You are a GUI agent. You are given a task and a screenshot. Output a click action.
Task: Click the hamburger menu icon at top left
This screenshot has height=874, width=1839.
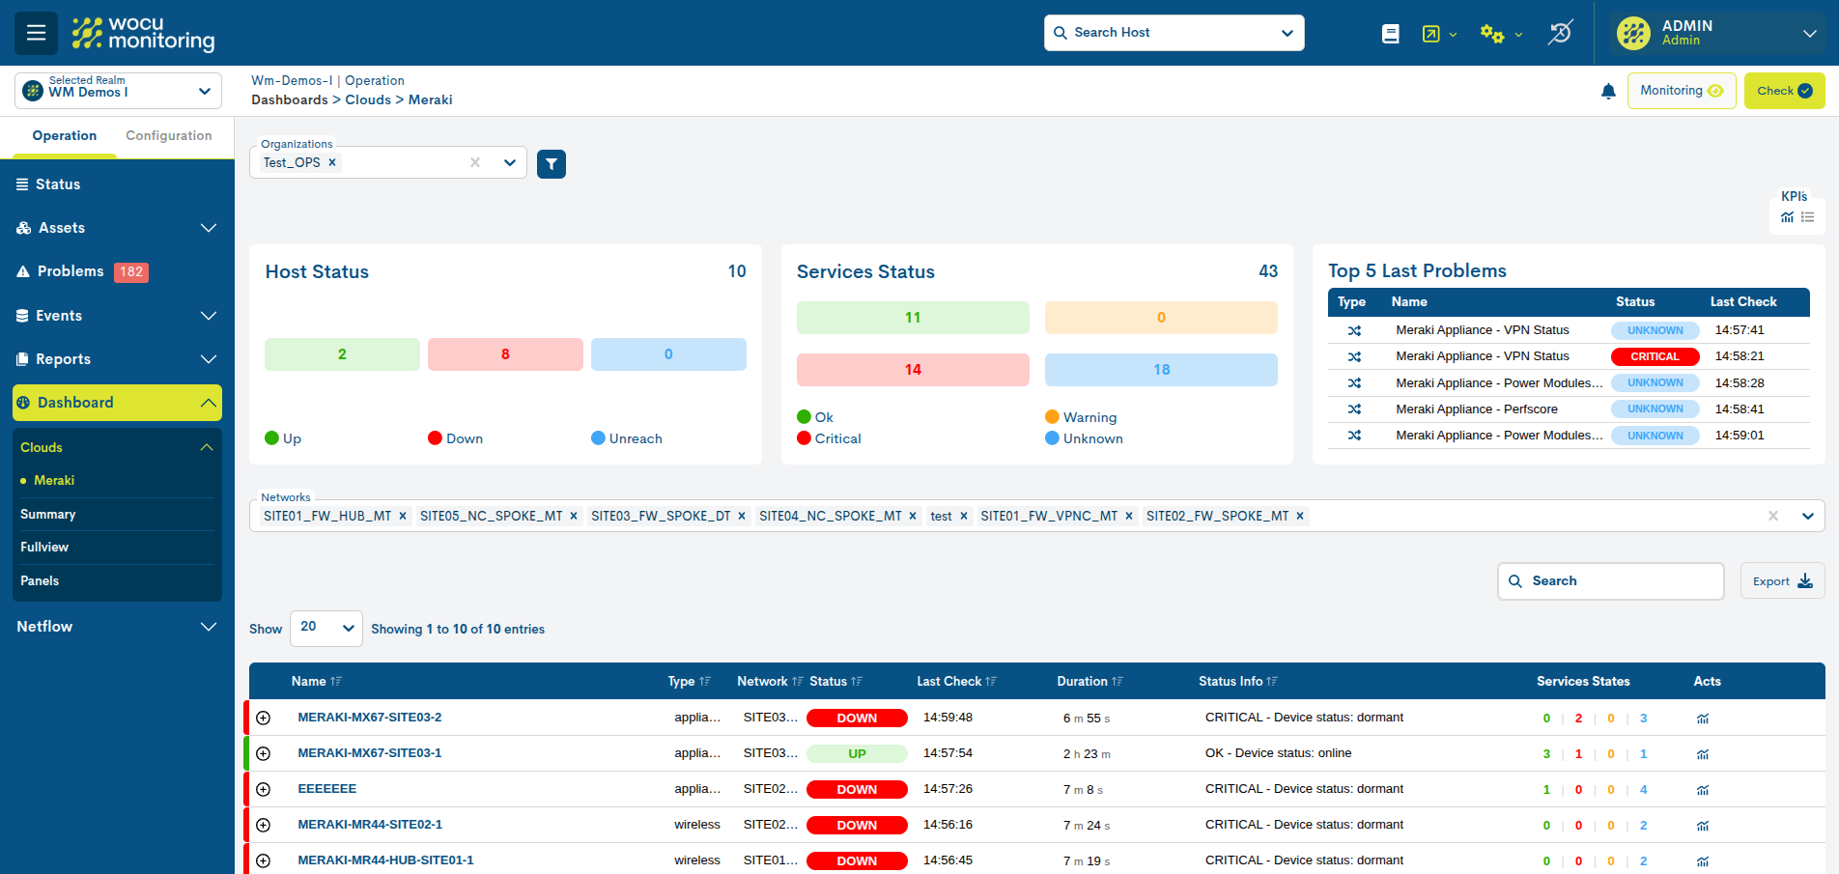pyautogui.click(x=36, y=33)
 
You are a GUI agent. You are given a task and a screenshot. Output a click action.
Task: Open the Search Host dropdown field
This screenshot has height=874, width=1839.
pyautogui.click(x=1174, y=33)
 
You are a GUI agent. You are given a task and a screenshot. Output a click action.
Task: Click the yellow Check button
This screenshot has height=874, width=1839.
pyautogui.click(x=1783, y=91)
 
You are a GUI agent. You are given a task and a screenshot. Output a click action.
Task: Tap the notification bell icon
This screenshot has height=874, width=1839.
pyautogui.click(x=1608, y=91)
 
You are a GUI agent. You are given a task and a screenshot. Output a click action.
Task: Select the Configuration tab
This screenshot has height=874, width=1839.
pyautogui.click(x=168, y=136)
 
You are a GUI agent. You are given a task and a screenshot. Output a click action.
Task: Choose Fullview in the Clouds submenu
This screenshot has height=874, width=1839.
pyautogui.click(x=44, y=548)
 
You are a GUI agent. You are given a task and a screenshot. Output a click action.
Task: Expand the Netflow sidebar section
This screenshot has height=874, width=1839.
pyautogui.click(x=116, y=627)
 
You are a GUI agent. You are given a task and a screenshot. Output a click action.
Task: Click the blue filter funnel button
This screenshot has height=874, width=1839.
pyautogui.click(x=551, y=164)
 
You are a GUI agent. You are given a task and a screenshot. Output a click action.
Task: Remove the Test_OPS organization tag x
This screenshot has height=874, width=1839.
pyautogui.click(x=332, y=162)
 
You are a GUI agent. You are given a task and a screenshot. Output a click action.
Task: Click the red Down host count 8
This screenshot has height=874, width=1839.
pyautogui.click(x=505, y=354)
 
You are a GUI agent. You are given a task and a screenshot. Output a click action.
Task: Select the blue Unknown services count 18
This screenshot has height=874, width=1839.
pyautogui.click(x=1161, y=370)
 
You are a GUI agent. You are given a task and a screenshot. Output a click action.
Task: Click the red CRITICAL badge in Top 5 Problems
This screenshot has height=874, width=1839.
pyautogui.click(x=1655, y=356)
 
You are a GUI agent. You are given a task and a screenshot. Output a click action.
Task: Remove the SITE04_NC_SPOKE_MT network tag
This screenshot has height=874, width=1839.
pyautogui.click(x=913, y=517)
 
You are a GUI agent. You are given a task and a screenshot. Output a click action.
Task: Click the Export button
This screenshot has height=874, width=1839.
pyautogui.click(x=1782, y=581)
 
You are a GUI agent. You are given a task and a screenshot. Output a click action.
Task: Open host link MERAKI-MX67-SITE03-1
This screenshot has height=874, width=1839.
pyautogui.click(x=369, y=753)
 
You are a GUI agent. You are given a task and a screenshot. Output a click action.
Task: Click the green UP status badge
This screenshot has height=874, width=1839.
pyautogui.click(x=857, y=754)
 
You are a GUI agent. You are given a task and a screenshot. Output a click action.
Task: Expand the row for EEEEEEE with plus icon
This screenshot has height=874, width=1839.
pyautogui.click(x=264, y=789)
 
